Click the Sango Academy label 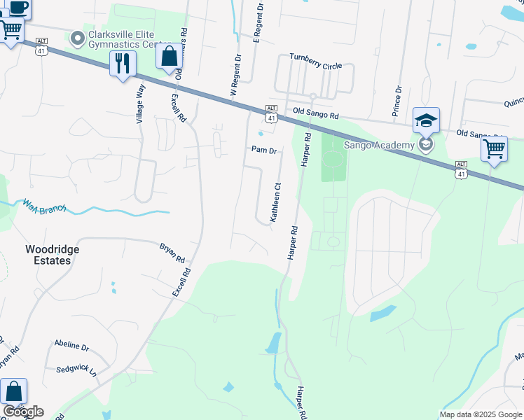coord(379,145)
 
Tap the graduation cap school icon coord(426,120)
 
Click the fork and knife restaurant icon coord(123,64)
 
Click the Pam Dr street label coord(264,150)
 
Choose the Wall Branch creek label coord(43,207)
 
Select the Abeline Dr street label coord(71,346)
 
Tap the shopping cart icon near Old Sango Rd coord(494,148)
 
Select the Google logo coord(22,412)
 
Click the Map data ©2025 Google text coord(481,414)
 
